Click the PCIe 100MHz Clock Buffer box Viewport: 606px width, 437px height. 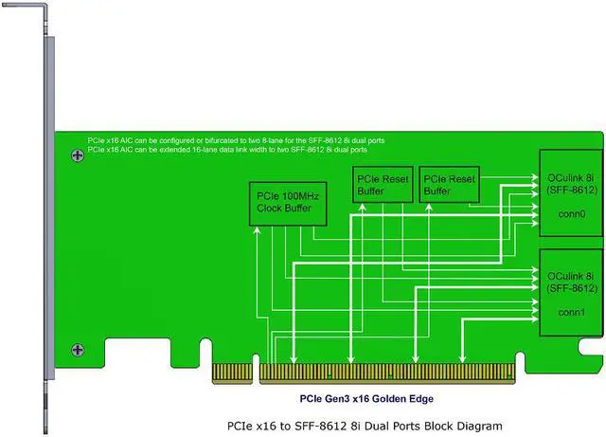tap(286, 203)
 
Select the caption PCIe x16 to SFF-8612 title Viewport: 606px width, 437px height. tap(364, 426)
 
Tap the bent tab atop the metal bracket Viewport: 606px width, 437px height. tap(23, 10)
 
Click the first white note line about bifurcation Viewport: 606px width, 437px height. tap(236, 139)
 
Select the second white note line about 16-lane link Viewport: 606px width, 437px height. tap(227, 150)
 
